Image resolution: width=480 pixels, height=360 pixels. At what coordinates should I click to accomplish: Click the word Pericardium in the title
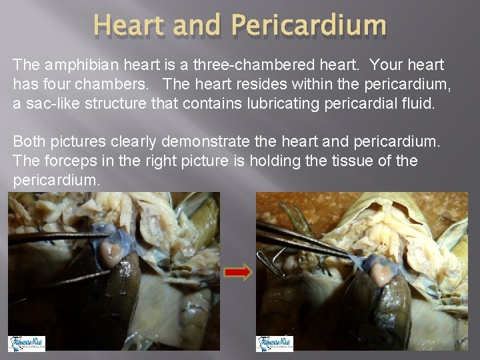308,25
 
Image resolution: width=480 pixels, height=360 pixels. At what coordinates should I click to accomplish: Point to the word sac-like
46,103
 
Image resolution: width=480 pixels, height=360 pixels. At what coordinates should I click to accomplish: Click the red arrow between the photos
239,272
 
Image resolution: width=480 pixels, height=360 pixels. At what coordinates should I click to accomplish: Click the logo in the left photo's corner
27,343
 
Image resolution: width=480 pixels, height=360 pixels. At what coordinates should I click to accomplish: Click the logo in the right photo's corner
275,343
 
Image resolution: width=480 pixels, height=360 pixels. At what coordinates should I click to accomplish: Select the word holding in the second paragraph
253,161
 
